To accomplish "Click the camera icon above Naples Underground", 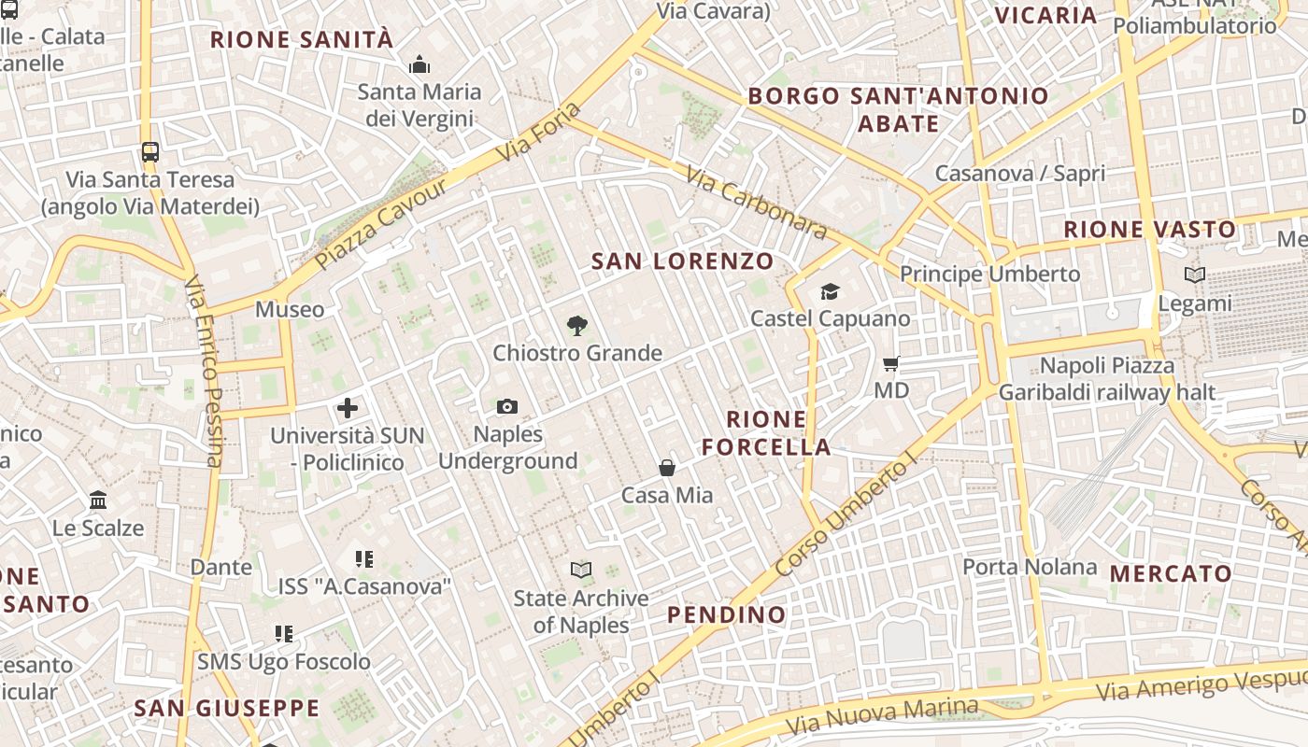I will [x=507, y=406].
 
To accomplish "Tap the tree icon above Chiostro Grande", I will [x=577, y=326].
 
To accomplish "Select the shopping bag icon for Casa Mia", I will [x=667, y=468].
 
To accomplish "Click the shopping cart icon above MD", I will [x=891, y=363].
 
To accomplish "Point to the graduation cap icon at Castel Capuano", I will [x=830, y=292].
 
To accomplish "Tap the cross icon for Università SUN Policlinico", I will [x=348, y=408].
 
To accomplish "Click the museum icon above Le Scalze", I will [x=98, y=500].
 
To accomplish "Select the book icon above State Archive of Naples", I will [x=581, y=570].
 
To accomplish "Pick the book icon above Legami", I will [x=1194, y=275].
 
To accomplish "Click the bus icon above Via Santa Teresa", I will [x=149, y=151].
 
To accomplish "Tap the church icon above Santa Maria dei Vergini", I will [x=419, y=64].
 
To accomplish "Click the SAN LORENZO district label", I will [x=683, y=261].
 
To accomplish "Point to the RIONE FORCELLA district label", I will [x=766, y=433].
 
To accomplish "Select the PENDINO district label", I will [x=727, y=614].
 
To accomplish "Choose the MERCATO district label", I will [x=1172, y=573].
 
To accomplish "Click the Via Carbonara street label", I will [x=756, y=203].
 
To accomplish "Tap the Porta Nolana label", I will [x=1030, y=567].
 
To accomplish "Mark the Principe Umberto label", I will [x=989, y=275].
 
